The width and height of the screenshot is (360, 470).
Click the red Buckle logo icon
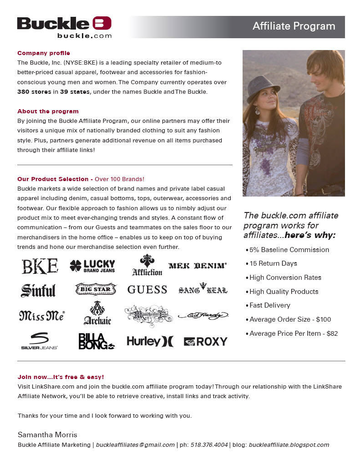point(102,23)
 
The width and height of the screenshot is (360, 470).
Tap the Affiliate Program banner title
point(294,26)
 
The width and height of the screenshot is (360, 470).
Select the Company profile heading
point(44,53)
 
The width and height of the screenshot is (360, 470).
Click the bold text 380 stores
point(35,92)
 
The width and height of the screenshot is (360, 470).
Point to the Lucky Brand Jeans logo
point(92,266)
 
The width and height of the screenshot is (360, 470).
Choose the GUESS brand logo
point(147,290)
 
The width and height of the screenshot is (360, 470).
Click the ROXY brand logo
point(205,341)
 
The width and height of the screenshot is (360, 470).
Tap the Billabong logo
point(96,341)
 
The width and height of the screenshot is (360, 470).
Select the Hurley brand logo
point(150,341)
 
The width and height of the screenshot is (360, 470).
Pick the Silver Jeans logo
point(39,341)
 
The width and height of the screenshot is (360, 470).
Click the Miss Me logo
point(42,315)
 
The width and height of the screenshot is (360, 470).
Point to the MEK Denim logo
point(198,266)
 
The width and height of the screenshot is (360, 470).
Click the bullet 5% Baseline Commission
point(289,250)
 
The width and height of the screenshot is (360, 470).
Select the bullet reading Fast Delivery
point(269,305)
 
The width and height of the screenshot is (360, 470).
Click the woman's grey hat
point(263,87)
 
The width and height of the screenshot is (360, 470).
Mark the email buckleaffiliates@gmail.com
point(135,445)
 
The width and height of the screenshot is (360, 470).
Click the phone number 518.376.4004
point(209,445)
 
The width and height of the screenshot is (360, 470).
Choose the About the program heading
point(48,111)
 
